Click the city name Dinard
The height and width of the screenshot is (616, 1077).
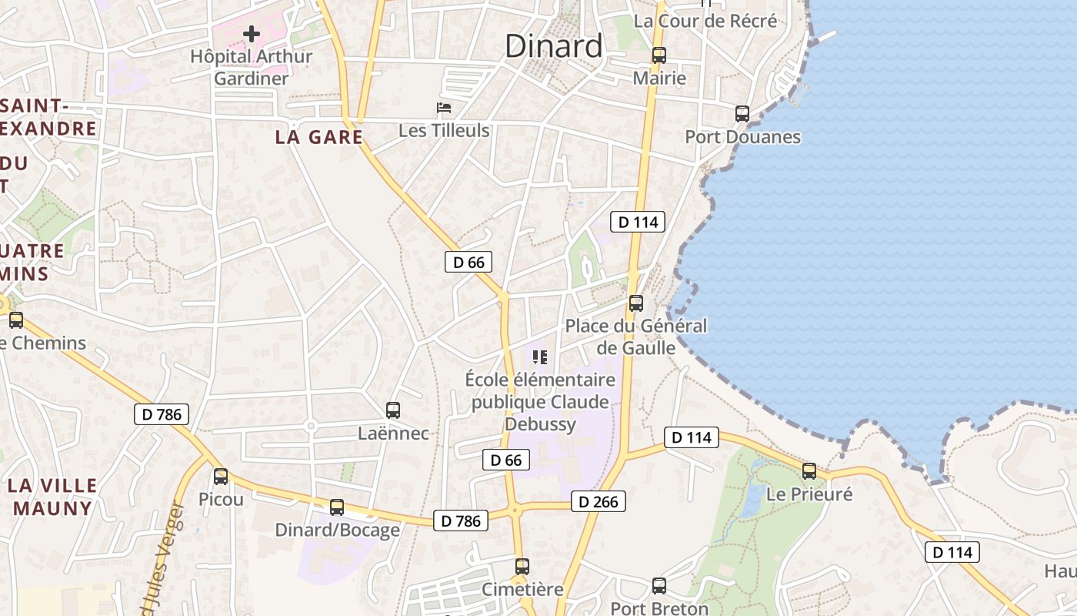tap(554, 46)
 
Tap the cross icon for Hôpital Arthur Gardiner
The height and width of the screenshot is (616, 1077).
tap(252, 34)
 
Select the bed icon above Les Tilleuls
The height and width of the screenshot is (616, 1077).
tap(444, 108)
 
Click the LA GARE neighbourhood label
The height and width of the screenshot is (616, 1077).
tap(319, 137)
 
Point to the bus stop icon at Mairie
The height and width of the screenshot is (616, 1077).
tap(659, 55)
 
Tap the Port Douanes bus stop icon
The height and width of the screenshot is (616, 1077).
tap(742, 114)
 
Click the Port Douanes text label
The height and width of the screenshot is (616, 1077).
tap(743, 137)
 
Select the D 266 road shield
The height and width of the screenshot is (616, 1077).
tap(598, 502)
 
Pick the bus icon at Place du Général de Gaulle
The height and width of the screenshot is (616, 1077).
tap(636, 303)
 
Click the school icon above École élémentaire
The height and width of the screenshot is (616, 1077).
tap(540, 357)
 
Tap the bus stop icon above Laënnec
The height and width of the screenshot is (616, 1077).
tap(393, 410)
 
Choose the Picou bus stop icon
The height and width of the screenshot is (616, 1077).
tap(221, 477)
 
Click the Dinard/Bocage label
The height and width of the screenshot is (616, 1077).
tap(338, 530)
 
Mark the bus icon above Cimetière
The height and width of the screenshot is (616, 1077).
tap(522, 567)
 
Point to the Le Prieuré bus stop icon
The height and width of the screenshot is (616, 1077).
tap(809, 471)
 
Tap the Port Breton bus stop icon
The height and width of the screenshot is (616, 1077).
tap(659, 586)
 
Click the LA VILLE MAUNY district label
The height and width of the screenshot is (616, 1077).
tap(53, 497)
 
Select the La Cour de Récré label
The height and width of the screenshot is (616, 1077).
tap(705, 21)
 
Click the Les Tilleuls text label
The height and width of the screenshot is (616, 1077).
tap(444, 131)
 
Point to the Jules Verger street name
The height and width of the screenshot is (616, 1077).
tap(172, 562)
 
